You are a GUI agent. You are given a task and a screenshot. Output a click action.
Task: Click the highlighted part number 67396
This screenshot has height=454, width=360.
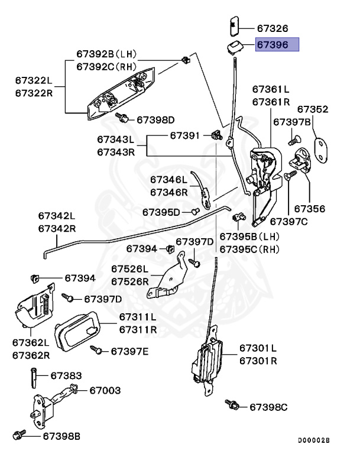click(277, 44)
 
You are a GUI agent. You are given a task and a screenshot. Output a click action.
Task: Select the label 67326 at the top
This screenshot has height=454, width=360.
click(273, 28)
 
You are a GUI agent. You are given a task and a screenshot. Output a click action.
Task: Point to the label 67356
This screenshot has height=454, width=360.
click(310, 209)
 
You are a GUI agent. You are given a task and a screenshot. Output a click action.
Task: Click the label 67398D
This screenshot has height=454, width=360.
click(156, 120)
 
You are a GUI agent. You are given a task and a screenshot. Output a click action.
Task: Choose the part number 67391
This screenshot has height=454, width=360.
click(186, 135)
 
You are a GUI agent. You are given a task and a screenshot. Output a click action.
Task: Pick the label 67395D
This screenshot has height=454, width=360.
click(161, 212)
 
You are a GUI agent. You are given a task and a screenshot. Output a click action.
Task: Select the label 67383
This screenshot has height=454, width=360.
click(66, 375)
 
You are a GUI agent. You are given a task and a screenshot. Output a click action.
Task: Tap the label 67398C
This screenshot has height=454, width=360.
click(268, 407)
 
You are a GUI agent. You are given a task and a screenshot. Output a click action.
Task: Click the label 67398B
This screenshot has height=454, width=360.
click(61, 436)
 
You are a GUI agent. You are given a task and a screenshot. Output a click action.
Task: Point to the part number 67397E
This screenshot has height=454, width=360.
click(130, 352)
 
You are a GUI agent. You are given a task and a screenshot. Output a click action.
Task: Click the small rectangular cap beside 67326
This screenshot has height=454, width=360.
click(232, 27)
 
